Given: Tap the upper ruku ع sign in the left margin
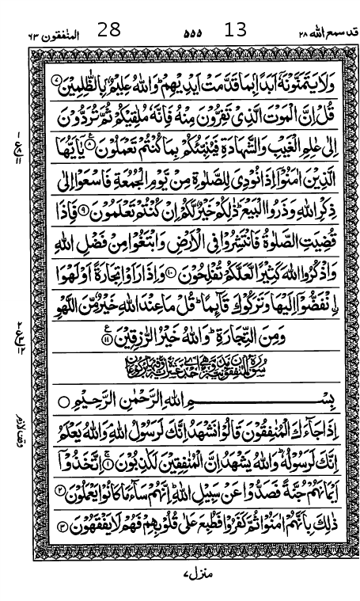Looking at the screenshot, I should coord(17,148).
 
